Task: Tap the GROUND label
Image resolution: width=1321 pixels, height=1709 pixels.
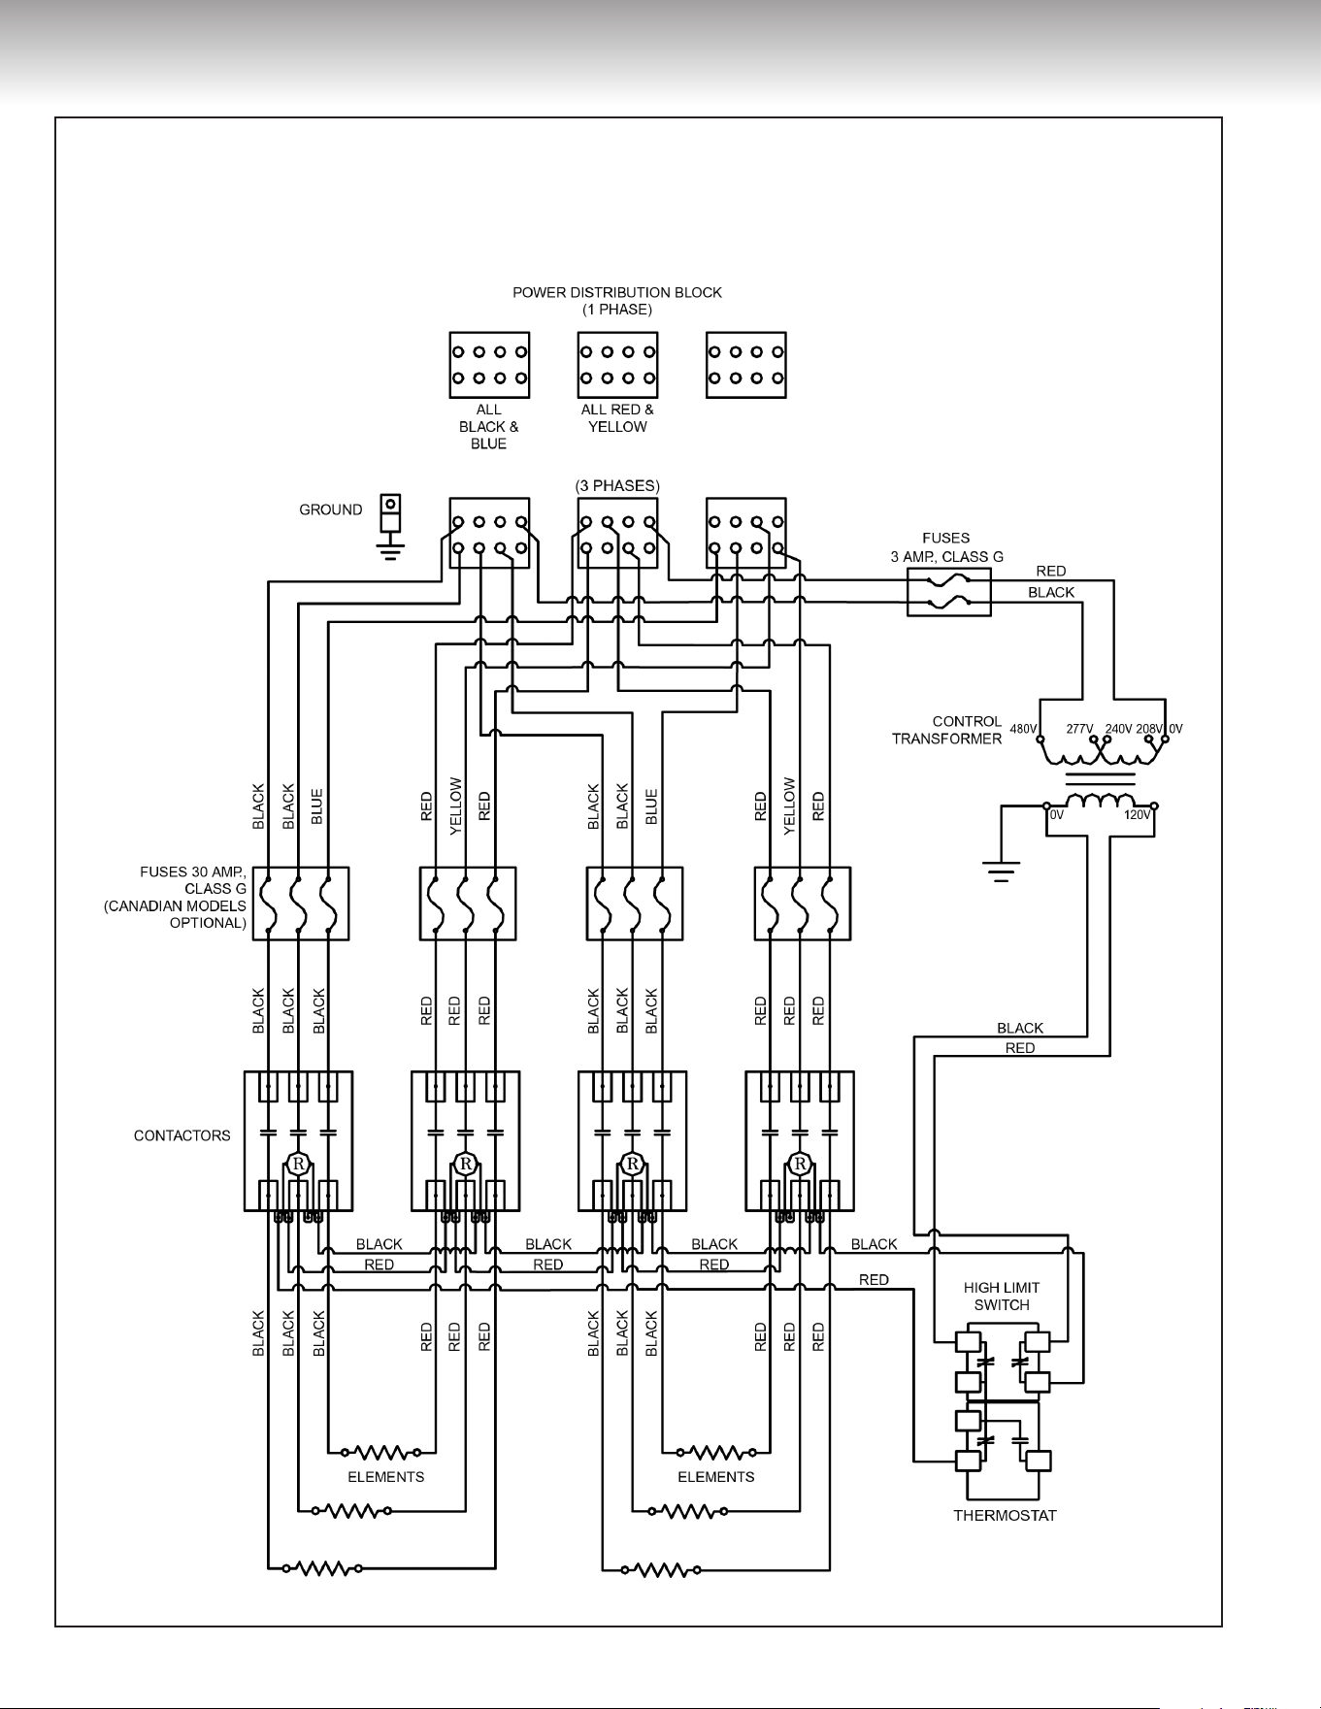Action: [331, 509]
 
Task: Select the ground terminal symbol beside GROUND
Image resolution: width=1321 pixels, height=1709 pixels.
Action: [390, 528]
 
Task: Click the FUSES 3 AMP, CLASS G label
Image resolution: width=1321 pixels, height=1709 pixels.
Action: [947, 547]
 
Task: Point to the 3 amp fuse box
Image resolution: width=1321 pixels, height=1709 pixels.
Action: [949, 593]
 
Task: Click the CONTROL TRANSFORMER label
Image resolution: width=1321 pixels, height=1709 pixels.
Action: [946, 730]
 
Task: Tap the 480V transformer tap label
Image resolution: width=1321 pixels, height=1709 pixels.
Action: [1024, 729]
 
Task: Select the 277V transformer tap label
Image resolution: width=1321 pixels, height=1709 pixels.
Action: [1080, 729]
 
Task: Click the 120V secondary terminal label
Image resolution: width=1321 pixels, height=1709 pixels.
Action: [1138, 815]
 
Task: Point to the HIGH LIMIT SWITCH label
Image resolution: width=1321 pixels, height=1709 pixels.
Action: [1002, 1297]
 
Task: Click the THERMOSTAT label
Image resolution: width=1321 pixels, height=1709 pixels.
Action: [1005, 1515]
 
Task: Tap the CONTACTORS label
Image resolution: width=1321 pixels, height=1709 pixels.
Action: [182, 1135]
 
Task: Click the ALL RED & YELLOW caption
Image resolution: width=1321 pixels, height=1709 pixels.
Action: [617, 418]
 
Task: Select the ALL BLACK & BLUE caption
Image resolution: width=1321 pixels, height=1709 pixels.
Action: [489, 427]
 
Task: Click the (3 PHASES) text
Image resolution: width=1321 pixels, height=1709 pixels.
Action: [617, 485]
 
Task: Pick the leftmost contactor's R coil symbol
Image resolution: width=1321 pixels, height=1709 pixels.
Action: [298, 1164]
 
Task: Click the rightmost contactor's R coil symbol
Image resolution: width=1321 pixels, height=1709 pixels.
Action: [800, 1164]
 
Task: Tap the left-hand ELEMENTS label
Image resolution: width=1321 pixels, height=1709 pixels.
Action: [386, 1477]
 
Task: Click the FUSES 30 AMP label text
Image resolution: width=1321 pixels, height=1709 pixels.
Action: [193, 872]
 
